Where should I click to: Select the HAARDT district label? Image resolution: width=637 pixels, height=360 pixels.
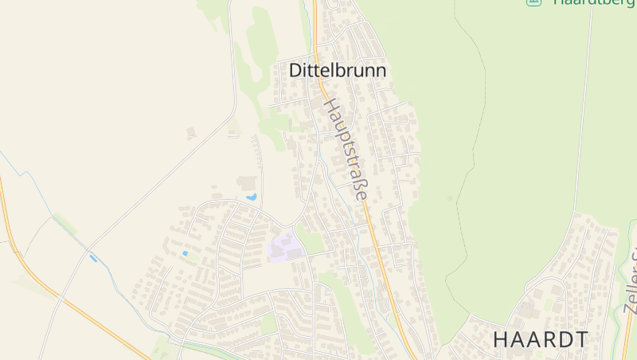tap(541, 339)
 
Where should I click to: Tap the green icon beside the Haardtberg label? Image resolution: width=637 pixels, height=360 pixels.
tap(534, 2)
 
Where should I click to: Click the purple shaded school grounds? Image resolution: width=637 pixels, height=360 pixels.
tap(284, 247)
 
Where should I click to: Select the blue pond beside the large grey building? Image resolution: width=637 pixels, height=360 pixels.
tap(252, 196)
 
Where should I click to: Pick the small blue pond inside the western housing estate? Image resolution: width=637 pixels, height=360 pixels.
tap(186, 253)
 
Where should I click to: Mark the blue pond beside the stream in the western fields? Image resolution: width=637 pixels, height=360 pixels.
tap(94, 257)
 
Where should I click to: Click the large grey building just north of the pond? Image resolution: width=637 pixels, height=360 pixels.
tap(248, 182)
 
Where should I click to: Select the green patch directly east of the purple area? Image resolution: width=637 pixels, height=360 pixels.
tap(311, 242)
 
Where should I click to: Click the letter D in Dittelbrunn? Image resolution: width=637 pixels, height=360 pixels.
tap(295, 70)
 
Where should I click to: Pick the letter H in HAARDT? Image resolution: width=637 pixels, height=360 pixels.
tap(501, 339)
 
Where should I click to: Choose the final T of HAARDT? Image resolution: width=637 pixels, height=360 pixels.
tap(581, 339)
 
